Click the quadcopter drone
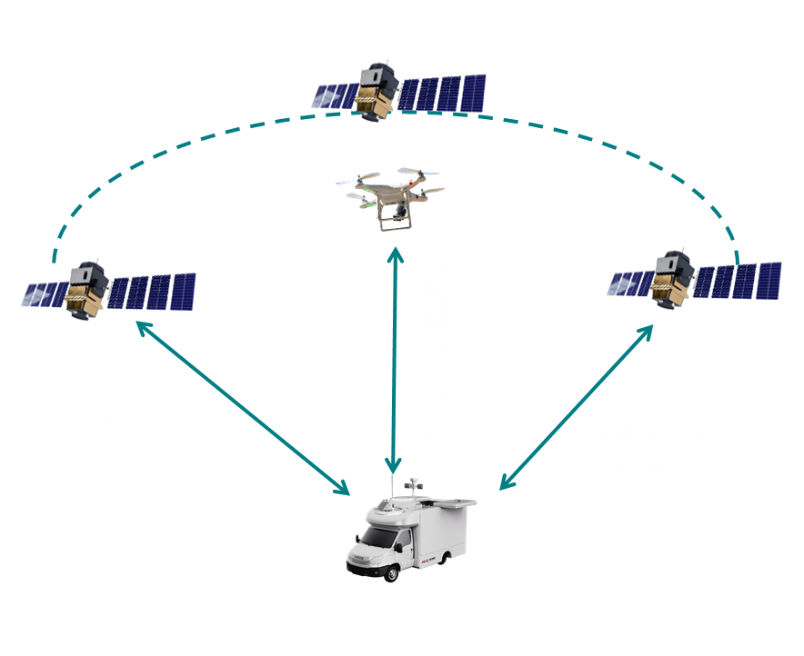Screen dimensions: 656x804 tap(393, 195)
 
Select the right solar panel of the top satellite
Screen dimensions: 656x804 tap(443, 93)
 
